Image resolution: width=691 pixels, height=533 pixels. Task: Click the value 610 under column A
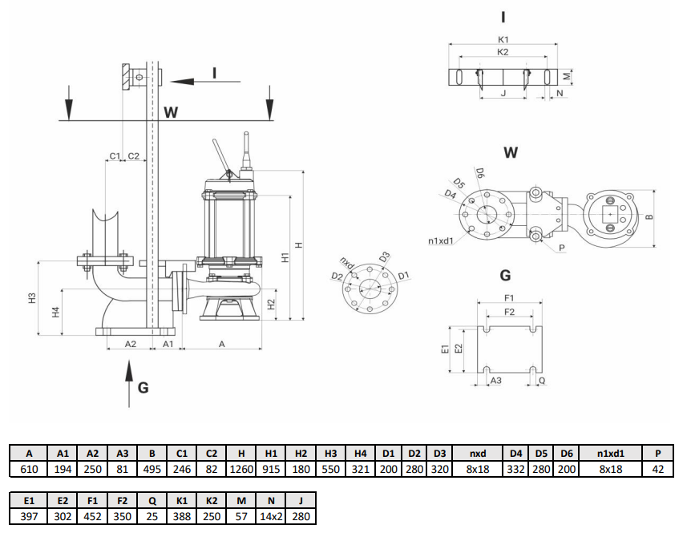click(x=29, y=469)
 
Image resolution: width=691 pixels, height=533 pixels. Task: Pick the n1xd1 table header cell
click(x=611, y=453)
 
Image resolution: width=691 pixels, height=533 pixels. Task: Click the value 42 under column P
click(x=659, y=469)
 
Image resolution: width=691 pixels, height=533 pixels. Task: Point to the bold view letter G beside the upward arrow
click(x=143, y=388)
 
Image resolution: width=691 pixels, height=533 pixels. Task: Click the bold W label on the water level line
click(x=170, y=112)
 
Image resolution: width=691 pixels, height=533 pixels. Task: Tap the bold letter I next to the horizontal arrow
click(x=214, y=73)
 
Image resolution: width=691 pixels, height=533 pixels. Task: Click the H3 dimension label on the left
click(x=32, y=297)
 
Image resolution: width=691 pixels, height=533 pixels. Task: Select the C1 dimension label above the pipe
click(x=115, y=155)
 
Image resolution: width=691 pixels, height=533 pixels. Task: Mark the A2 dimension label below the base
click(x=130, y=343)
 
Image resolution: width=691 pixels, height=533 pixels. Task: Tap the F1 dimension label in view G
click(x=507, y=298)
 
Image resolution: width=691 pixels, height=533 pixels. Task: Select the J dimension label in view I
click(x=502, y=93)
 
